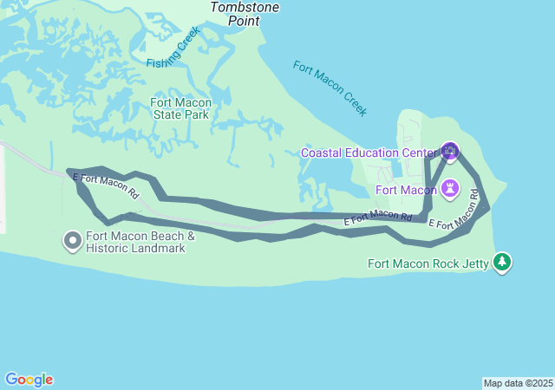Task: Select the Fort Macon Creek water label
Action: [330, 88]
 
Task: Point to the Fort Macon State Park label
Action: [180, 108]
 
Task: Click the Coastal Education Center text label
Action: [369, 153]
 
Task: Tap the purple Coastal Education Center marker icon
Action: [449, 152]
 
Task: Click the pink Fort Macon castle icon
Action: [451, 188]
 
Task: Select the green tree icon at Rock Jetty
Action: [501, 262]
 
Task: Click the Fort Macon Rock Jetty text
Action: [428, 263]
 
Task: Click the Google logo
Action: [29, 380]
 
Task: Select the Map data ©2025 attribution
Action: [518, 383]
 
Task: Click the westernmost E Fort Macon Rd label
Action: [106, 185]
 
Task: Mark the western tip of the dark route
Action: [69, 170]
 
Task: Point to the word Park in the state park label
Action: [196, 114]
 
